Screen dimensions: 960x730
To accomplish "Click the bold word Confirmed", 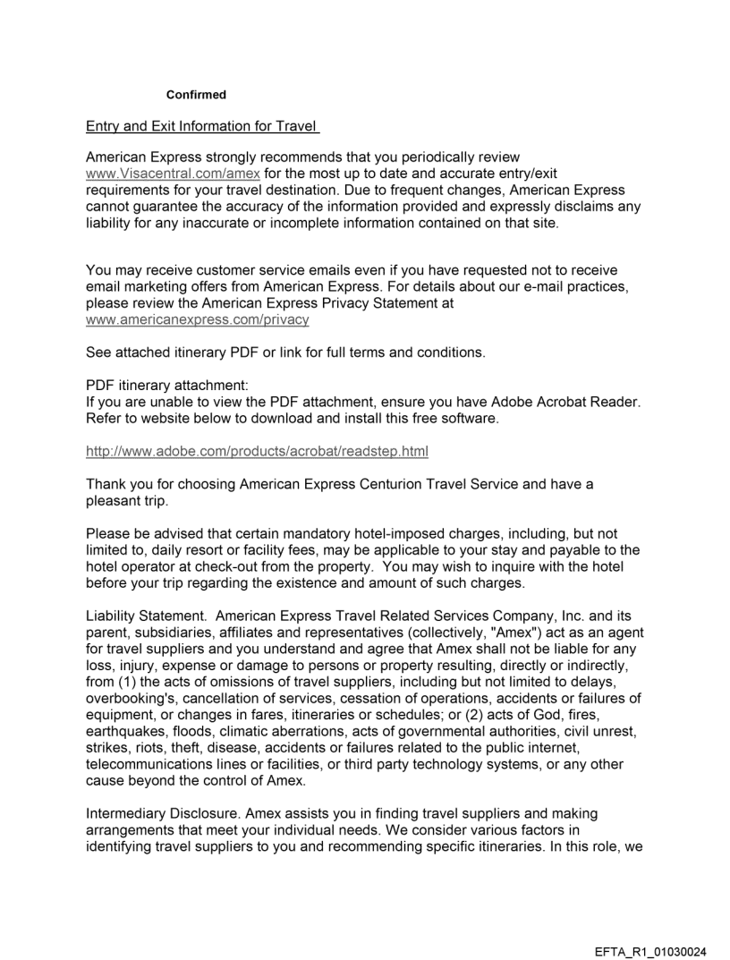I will (196, 95).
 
